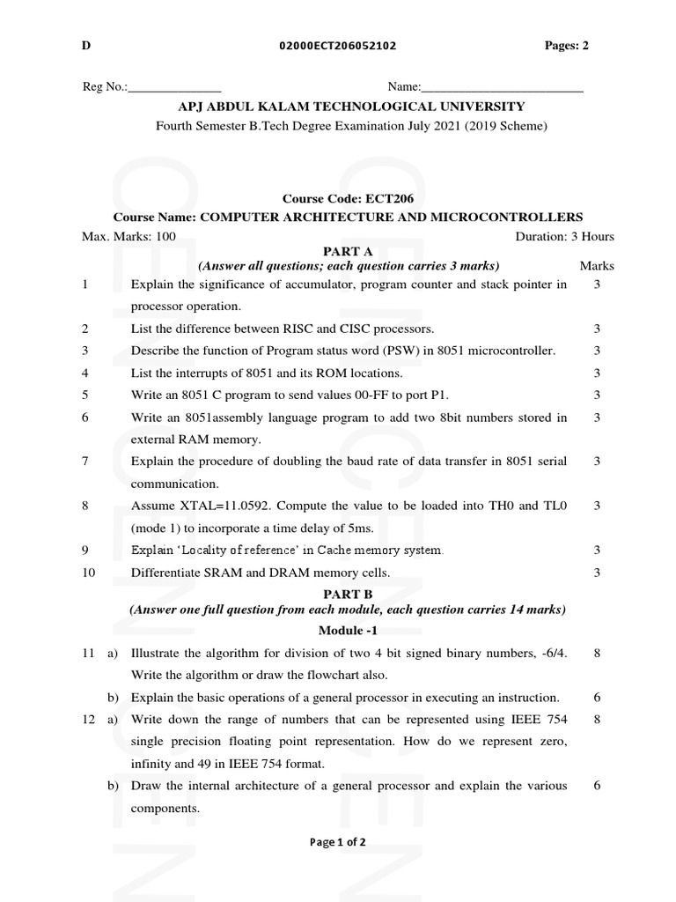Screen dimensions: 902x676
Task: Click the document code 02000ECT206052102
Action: pyautogui.click(x=331, y=47)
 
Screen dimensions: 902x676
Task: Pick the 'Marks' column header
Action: pyautogui.click(x=597, y=265)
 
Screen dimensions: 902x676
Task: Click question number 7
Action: pyautogui.click(x=84, y=461)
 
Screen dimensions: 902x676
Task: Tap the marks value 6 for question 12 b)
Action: pyautogui.click(x=597, y=786)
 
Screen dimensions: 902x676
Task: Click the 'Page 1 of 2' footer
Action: pyautogui.click(x=338, y=842)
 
